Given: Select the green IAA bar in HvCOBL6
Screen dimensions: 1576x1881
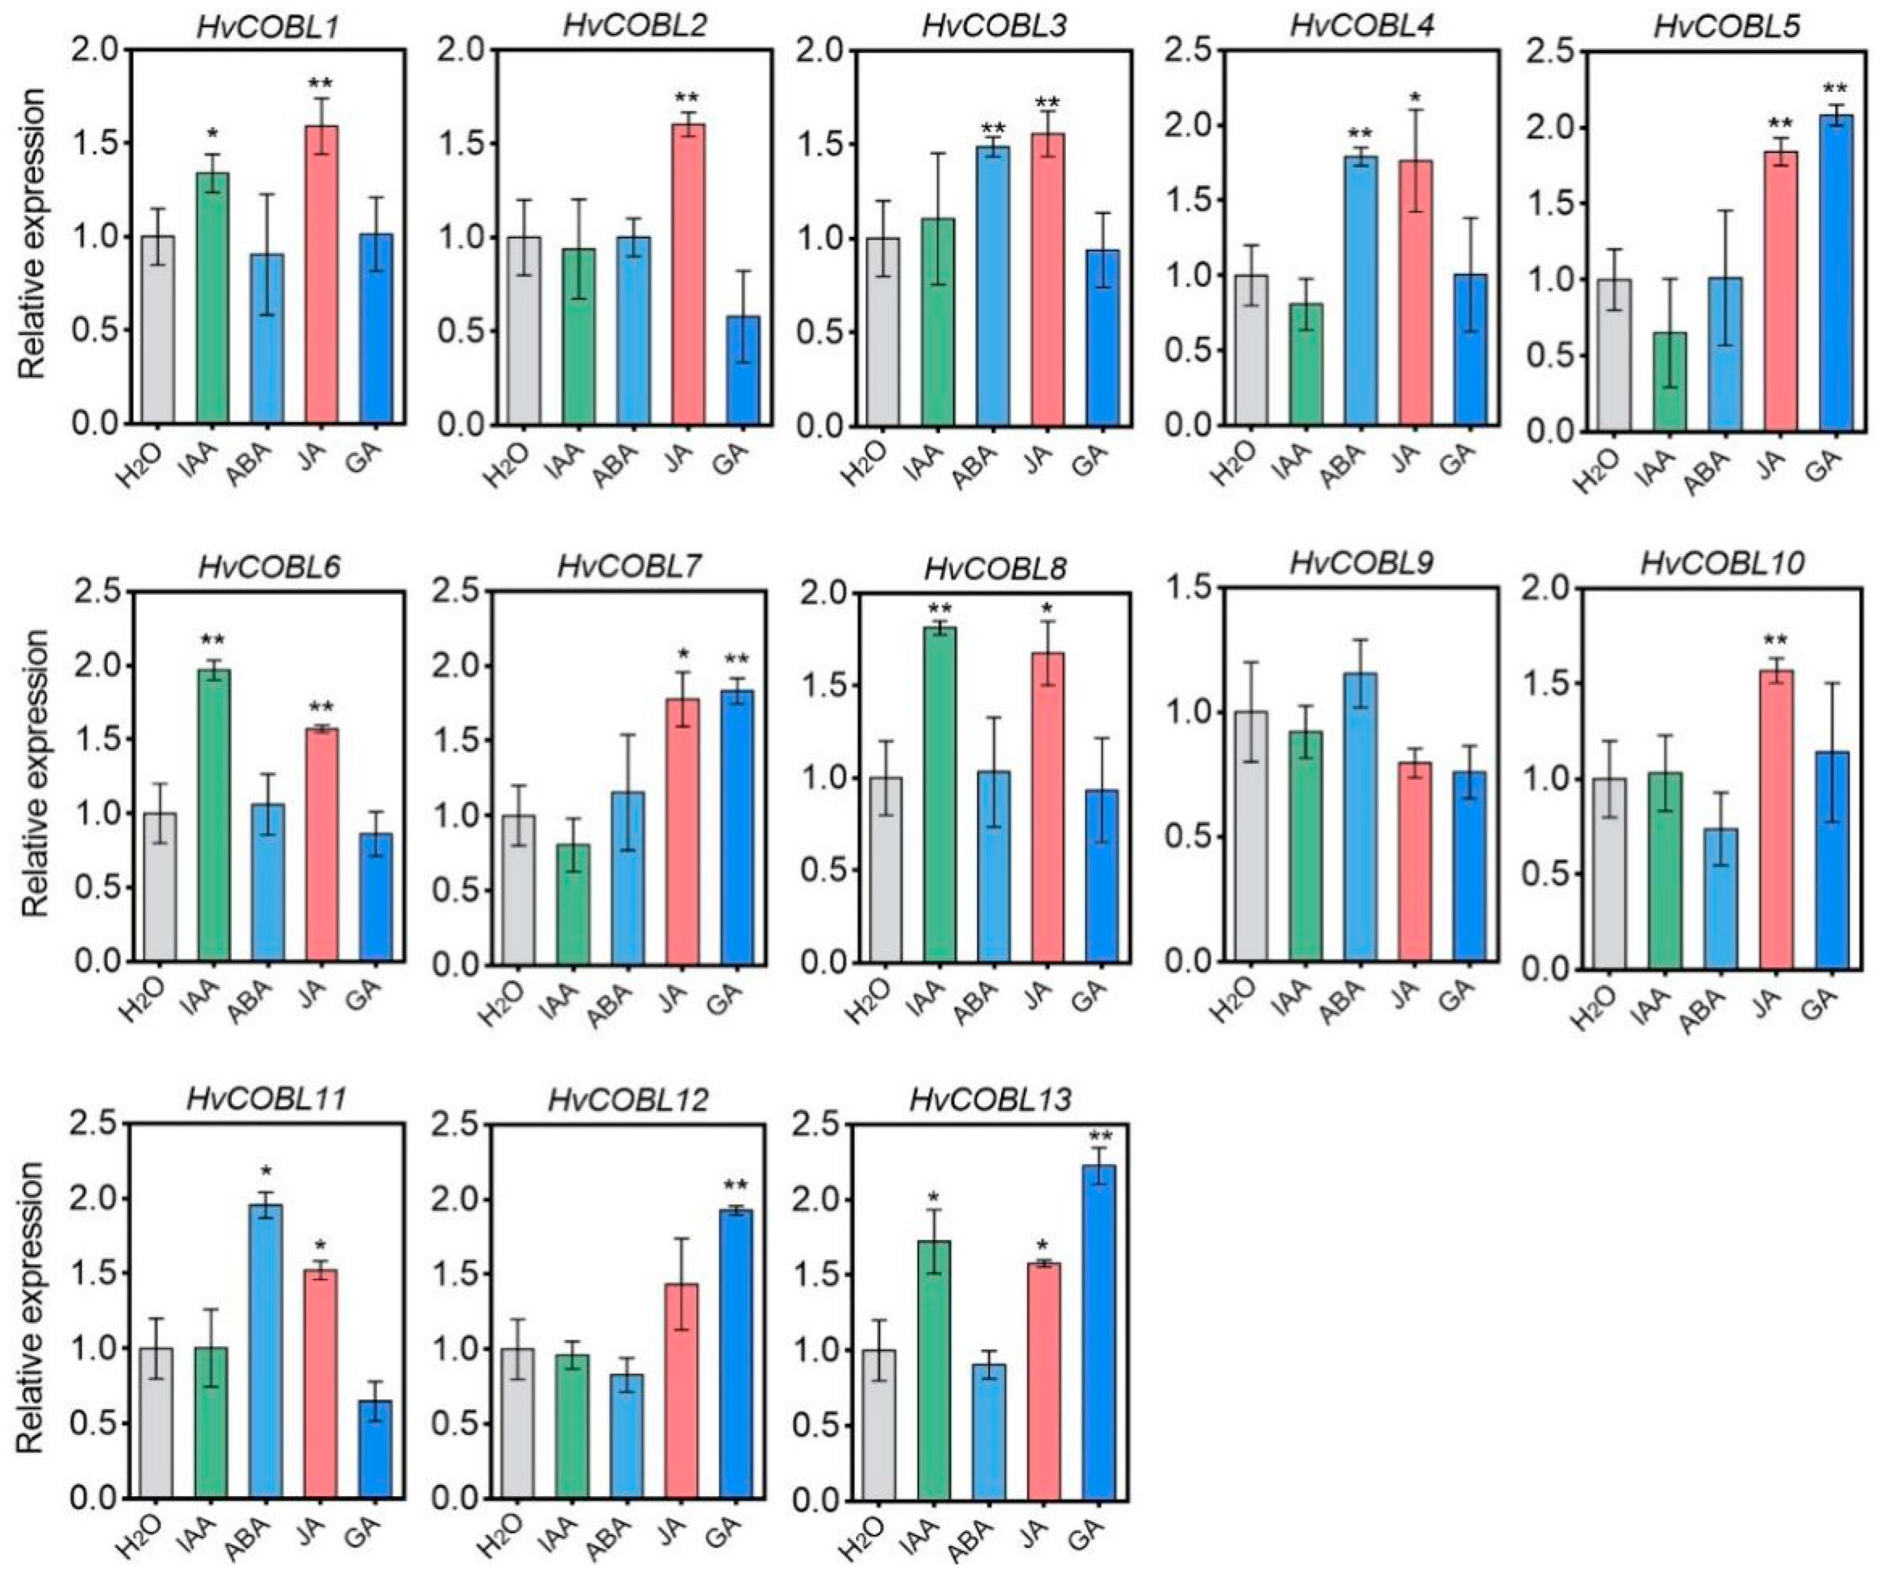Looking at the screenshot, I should tap(213, 815).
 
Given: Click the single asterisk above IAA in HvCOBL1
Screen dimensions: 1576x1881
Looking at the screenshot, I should tap(213, 134).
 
